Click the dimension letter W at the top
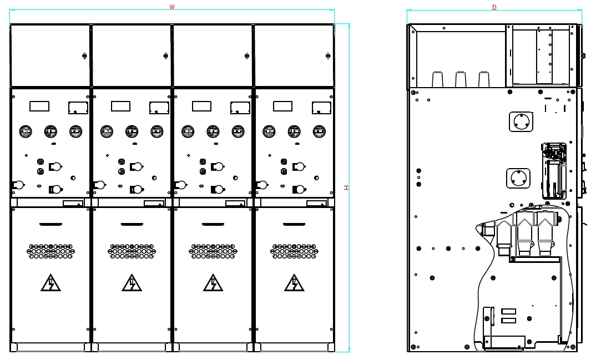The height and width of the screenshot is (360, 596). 172,7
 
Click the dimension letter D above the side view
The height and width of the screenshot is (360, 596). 494,7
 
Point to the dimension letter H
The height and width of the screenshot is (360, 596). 346,187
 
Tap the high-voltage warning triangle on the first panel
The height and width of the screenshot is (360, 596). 50,283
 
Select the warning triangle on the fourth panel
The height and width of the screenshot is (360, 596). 294,283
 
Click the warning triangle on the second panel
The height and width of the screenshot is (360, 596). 132,283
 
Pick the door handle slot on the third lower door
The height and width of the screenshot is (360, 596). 213,224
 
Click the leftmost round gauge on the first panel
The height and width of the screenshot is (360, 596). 26,131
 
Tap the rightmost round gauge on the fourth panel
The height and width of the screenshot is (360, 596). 319,131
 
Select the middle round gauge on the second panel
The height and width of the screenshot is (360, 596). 132,131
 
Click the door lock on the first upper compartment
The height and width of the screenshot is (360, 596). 84,55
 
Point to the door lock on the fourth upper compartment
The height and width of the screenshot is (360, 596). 328,55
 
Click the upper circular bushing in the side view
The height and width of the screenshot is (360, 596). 521,121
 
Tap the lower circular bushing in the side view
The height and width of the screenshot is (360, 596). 518,179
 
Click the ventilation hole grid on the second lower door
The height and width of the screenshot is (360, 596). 132,251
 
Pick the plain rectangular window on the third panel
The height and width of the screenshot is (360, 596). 201,106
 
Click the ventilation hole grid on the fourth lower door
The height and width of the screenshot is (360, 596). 294,251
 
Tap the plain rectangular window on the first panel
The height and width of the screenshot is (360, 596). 39,106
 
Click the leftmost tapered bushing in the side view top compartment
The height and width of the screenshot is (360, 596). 437,79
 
